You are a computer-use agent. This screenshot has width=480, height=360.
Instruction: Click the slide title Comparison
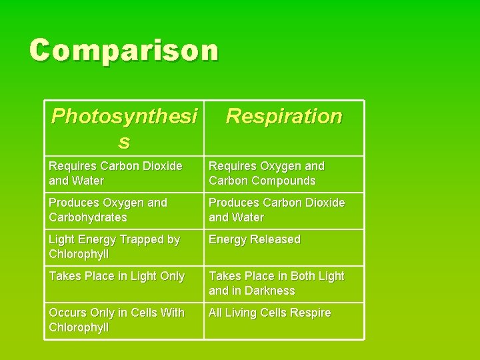pos(124,50)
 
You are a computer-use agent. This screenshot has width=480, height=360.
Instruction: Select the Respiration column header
pos(283,117)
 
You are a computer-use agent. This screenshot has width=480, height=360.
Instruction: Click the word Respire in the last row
pos(310,313)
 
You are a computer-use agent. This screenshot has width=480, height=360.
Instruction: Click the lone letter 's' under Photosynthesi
pos(123,141)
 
